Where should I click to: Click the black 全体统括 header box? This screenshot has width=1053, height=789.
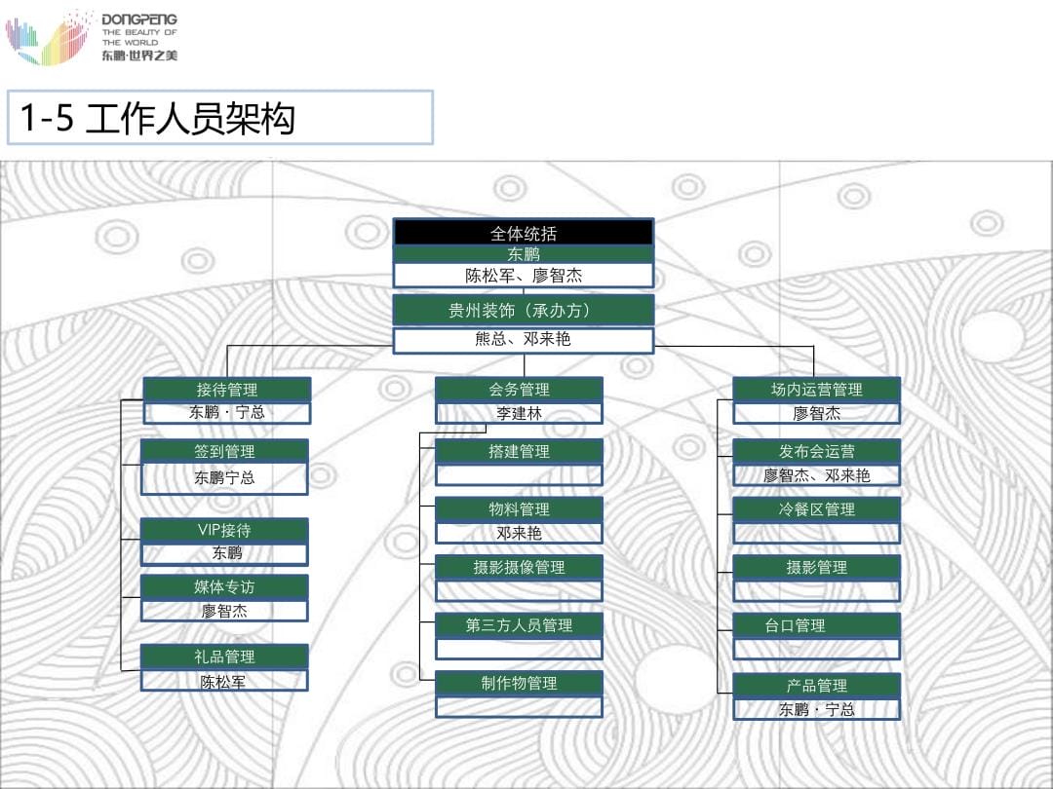pyautogui.click(x=524, y=233)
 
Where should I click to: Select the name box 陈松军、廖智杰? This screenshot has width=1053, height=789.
pyautogui.click(x=524, y=276)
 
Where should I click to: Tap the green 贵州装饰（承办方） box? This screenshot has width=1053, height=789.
pyautogui.click(x=524, y=311)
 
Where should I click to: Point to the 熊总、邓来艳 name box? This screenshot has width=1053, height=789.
pyautogui.click(x=524, y=340)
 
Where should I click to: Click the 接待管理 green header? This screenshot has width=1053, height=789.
pyautogui.click(x=227, y=390)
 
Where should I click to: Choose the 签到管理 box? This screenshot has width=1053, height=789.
pyautogui.click(x=224, y=451)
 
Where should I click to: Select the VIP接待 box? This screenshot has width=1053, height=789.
pyautogui.click(x=224, y=530)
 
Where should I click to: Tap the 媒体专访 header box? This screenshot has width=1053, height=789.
pyautogui.click(x=224, y=586)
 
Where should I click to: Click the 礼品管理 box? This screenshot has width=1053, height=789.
pyautogui.click(x=224, y=657)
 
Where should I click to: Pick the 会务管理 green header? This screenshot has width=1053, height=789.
pyautogui.click(x=519, y=390)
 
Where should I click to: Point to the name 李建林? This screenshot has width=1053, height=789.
pyautogui.click(x=519, y=413)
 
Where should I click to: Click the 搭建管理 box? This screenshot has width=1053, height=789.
pyautogui.click(x=519, y=451)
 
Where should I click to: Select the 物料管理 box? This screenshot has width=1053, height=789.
pyautogui.click(x=519, y=508)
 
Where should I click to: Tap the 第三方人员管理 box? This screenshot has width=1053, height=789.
pyautogui.click(x=519, y=624)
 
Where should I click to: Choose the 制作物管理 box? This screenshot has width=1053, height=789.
pyautogui.click(x=519, y=683)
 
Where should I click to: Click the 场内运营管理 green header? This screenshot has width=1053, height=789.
pyautogui.click(x=816, y=390)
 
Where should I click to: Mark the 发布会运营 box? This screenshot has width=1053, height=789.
pyautogui.click(x=816, y=451)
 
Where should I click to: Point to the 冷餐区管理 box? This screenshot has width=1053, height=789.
pyautogui.click(x=816, y=508)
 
